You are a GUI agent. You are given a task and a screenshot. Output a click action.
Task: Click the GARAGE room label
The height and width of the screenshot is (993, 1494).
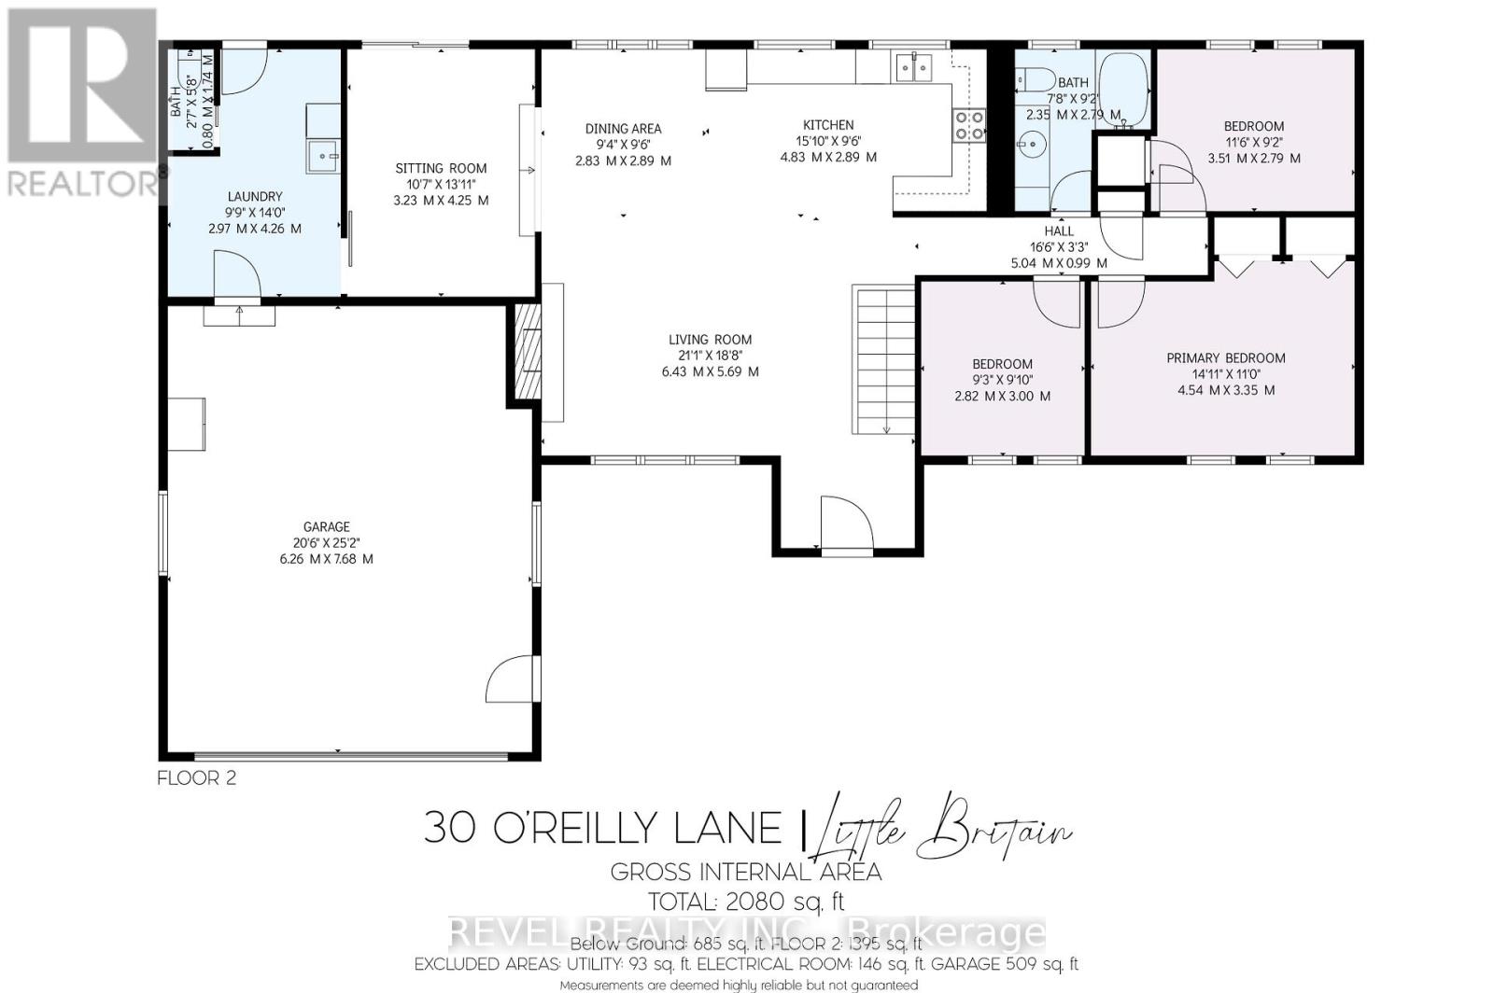326,526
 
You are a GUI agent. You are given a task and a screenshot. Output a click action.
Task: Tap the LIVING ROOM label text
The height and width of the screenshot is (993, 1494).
710,340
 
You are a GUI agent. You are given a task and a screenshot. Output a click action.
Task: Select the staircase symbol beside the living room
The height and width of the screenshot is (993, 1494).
883,359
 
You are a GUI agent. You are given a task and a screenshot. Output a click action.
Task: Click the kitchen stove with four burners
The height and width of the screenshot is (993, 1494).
968,125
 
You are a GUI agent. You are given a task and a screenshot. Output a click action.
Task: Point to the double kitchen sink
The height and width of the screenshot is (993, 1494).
914,67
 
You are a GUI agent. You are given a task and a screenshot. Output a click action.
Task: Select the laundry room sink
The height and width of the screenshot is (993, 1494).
324,157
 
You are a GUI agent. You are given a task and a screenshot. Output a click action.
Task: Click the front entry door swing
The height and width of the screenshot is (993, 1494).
846,523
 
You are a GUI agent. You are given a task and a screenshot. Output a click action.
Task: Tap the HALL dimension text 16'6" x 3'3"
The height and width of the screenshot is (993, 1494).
1059,247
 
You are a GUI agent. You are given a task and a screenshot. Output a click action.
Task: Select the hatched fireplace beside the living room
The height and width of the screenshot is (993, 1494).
529,351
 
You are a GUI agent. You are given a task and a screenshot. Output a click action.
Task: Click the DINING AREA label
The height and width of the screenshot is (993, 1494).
623,129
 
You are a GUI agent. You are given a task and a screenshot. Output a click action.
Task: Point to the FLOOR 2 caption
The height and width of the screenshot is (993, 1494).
197,777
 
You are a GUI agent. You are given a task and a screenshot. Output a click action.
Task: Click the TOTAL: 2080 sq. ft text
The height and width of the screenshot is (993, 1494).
747,902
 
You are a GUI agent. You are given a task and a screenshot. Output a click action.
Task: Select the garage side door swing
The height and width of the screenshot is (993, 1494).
510,683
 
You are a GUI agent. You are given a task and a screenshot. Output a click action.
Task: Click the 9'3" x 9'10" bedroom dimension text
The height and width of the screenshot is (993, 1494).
1002,380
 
